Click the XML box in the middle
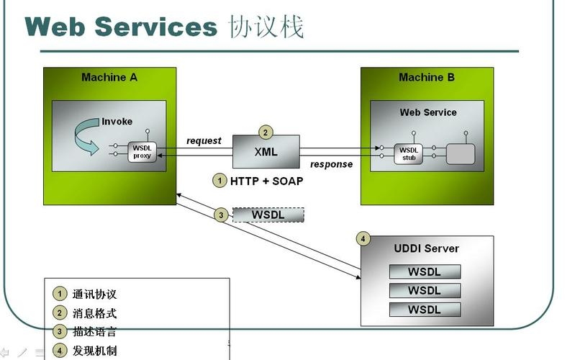(x=266, y=152)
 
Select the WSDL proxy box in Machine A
(x=142, y=152)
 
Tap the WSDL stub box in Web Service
(x=408, y=153)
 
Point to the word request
(x=204, y=140)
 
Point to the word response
(x=331, y=164)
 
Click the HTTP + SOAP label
(x=266, y=181)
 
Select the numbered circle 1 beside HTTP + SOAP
(x=219, y=181)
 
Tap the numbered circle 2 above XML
(x=266, y=132)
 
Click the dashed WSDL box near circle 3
(x=268, y=215)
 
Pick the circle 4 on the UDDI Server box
(x=363, y=238)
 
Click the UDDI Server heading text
(x=426, y=248)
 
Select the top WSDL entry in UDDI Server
(x=425, y=271)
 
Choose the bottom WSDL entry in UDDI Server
(x=425, y=310)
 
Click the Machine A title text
(x=109, y=77)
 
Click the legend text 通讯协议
(x=94, y=294)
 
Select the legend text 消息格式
(x=94, y=313)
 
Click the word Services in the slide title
(x=155, y=27)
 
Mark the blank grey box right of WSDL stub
(x=461, y=153)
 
